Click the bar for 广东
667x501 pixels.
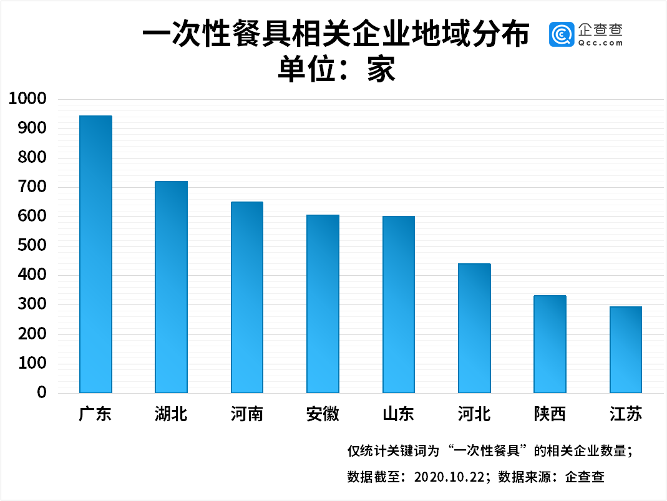tap(95, 255)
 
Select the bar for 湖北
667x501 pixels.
tap(171, 287)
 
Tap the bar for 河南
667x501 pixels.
tap(247, 298)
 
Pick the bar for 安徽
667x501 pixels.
tap(323, 304)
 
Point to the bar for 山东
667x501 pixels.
tap(399, 304)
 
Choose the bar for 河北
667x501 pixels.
tap(474, 328)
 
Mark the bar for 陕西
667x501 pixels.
tap(550, 344)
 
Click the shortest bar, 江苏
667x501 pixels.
tap(625, 349)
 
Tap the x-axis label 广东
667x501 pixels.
tap(95, 414)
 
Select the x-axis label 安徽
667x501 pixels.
tap(323, 414)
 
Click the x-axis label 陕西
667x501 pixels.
tap(550, 414)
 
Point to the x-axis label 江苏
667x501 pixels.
tap(625, 414)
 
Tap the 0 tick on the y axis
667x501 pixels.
tap(42, 392)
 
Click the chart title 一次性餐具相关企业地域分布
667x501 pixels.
tap(336, 34)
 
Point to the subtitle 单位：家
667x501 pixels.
tap(336, 69)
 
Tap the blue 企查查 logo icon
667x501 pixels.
tap(561, 34)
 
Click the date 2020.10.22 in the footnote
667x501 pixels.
tap(449, 477)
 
